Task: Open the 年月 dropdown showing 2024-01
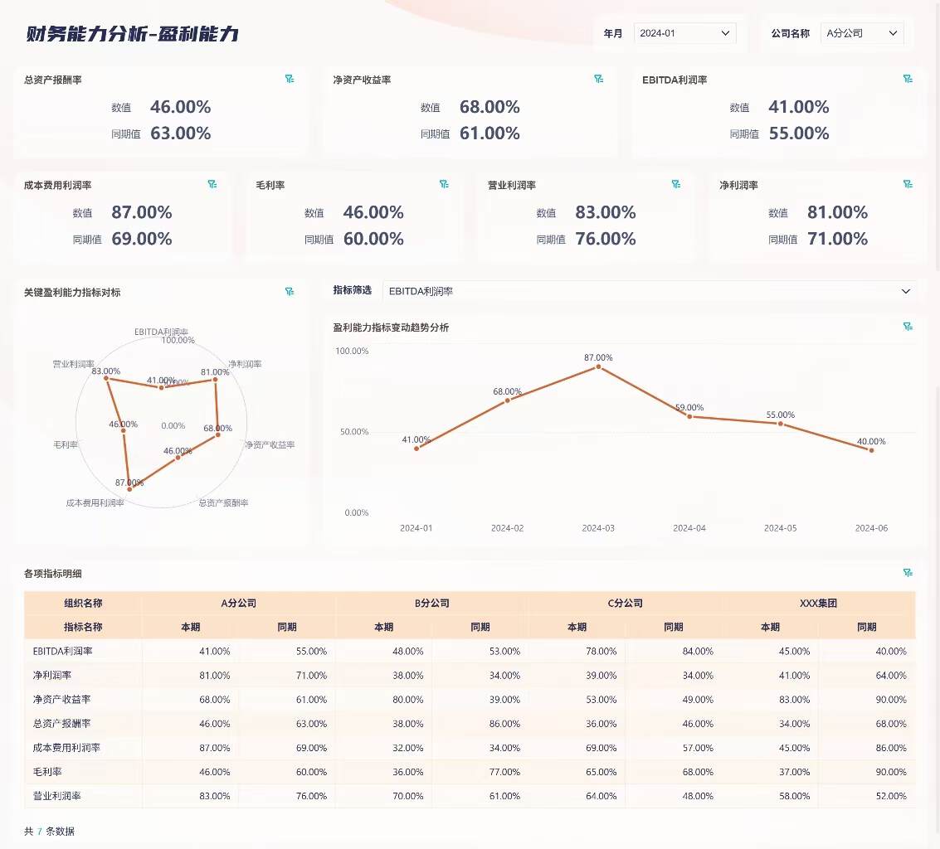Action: tap(684, 33)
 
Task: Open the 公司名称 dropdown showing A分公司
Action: tap(861, 33)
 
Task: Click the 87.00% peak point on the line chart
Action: tap(598, 366)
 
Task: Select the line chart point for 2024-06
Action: tap(871, 449)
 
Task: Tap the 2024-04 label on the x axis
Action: tap(689, 528)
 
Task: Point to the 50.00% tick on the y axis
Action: tap(352, 432)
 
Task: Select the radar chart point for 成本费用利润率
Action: tap(129, 489)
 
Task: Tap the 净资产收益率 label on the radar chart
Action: tap(270, 445)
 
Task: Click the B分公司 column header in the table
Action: tap(431, 604)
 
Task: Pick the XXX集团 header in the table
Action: tap(818, 604)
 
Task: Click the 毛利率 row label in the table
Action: tap(48, 772)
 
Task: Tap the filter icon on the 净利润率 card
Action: tap(908, 184)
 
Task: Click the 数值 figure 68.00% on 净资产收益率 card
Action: tap(489, 107)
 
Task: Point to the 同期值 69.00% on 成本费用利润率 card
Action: tap(142, 239)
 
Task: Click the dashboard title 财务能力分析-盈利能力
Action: tap(133, 34)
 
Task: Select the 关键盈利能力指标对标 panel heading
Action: tap(72, 293)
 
